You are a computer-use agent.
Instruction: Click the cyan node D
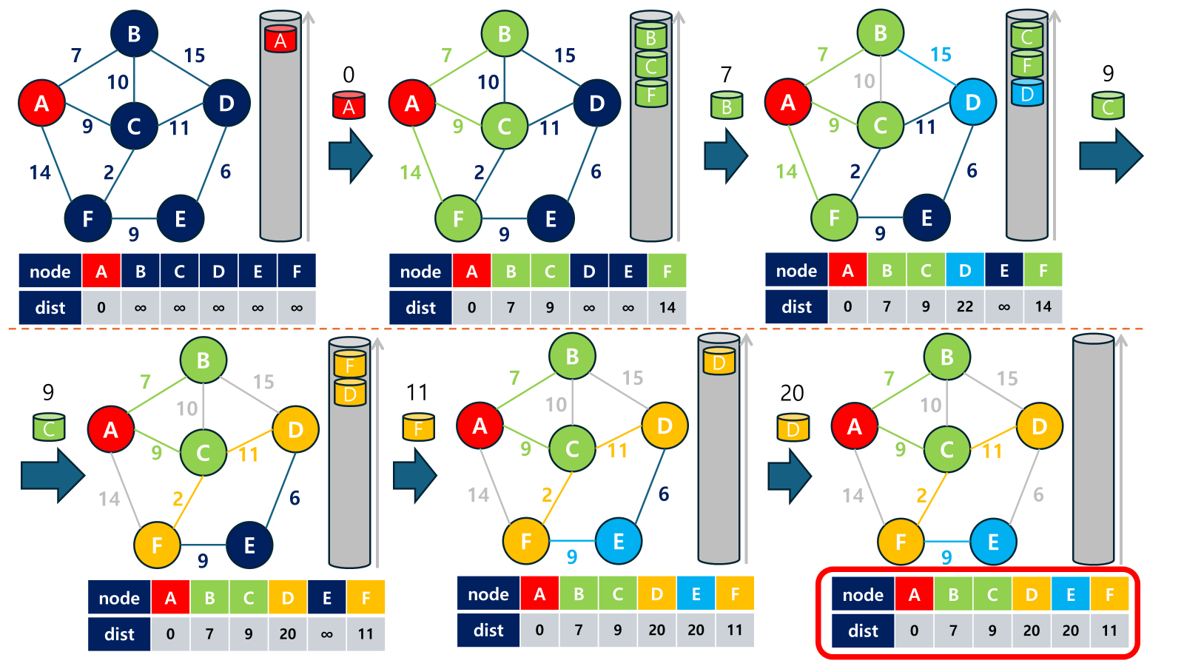tap(972, 103)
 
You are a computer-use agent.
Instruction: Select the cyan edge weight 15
tap(941, 55)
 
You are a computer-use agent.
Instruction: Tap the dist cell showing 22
tap(964, 306)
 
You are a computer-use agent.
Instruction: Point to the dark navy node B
tap(134, 34)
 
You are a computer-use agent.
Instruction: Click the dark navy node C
tap(134, 126)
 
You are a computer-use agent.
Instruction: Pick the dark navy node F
tap(87, 218)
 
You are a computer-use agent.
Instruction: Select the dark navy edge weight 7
tap(76, 55)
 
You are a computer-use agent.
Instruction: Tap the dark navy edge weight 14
tap(40, 172)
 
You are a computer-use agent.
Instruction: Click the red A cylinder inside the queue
tap(280, 39)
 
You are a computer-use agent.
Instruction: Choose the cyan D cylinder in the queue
tap(1027, 93)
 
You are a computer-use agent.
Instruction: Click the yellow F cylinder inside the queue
tap(350, 364)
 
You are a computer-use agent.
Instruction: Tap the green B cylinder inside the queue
tap(651, 37)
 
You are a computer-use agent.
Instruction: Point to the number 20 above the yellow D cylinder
tap(792, 393)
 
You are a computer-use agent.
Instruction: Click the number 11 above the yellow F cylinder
tap(417, 392)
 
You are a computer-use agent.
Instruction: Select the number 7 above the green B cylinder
tap(726, 74)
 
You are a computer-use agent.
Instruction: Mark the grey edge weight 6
tap(1038, 494)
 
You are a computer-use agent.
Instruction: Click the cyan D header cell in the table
tap(964, 271)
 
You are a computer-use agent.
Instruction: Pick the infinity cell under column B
tap(141, 308)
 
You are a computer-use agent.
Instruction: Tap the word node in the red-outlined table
tap(863, 595)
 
